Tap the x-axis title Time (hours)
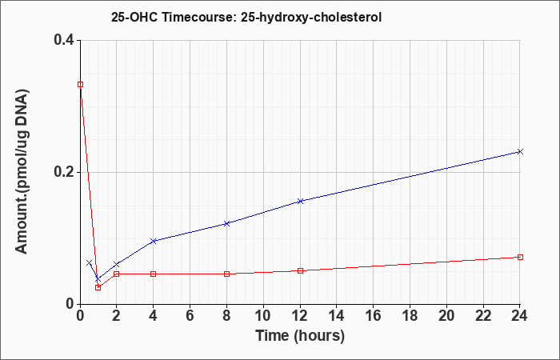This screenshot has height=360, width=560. click(300, 336)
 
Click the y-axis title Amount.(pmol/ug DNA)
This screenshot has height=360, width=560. click(22, 172)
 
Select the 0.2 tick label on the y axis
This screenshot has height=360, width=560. click(64, 172)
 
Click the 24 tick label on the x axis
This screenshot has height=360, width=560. click(520, 316)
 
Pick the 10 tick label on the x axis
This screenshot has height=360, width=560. click(263, 316)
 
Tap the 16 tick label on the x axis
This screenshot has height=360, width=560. click(374, 316)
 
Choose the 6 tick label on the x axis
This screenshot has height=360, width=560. click(190, 316)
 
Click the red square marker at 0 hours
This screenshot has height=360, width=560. click(80, 84)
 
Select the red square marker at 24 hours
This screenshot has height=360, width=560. click(520, 257)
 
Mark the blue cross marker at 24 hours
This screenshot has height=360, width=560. click(520, 152)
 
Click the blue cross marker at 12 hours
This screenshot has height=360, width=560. click(300, 201)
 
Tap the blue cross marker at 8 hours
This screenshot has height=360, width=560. click(226, 223)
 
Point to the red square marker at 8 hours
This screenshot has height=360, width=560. click(226, 274)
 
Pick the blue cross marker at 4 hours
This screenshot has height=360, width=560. click(154, 241)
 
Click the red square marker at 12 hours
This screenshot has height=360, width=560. click(300, 270)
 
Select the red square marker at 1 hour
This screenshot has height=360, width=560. click(98, 287)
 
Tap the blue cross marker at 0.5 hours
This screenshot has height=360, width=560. click(90, 263)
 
